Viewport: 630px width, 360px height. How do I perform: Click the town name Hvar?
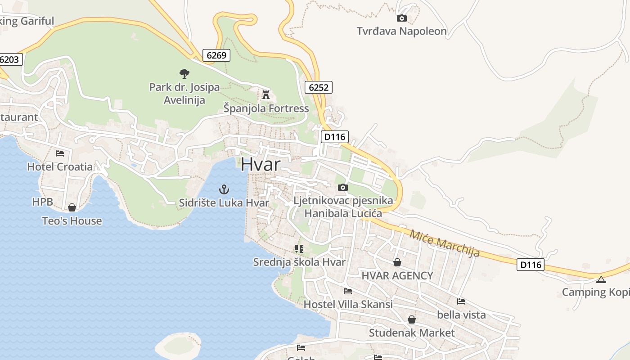[260, 164]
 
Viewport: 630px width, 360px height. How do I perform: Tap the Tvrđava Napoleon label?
[401, 31]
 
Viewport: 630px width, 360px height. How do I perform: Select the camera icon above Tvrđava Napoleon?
[401, 18]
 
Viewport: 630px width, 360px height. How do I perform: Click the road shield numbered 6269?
[216, 55]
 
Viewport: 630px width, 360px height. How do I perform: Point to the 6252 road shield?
[319, 87]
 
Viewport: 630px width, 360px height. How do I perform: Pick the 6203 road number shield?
[10, 59]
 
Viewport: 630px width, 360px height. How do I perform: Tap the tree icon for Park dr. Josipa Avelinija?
[184, 73]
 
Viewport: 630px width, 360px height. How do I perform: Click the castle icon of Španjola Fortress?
[266, 95]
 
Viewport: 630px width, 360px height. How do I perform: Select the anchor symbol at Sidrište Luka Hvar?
[224, 189]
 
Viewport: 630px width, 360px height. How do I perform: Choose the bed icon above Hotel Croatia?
[60, 153]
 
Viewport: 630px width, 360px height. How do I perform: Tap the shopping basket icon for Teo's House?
[72, 207]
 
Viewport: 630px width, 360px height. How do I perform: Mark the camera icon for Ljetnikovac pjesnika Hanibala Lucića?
[343, 187]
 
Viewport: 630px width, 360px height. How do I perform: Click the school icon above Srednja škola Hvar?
[299, 248]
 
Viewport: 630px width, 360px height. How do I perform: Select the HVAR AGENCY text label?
[397, 275]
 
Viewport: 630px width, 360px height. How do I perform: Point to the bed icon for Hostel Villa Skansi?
[348, 291]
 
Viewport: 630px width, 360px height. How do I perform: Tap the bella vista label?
[461, 315]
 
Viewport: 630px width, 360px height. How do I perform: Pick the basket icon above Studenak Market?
[412, 319]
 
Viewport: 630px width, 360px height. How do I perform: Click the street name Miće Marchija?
[444, 243]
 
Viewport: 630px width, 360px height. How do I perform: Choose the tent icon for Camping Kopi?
[601, 279]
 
